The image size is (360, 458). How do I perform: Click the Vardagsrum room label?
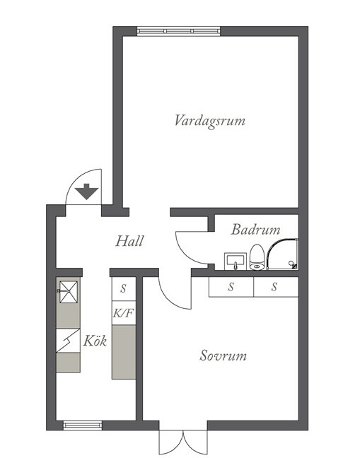(x=210, y=122)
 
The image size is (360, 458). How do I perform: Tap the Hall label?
(x=129, y=241)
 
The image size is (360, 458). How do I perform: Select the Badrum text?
(x=256, y=230)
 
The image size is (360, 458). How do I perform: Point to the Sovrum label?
(x=223, y=356)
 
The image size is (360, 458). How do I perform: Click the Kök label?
(x=95, y=341)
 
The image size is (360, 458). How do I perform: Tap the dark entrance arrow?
(x=86, y=192)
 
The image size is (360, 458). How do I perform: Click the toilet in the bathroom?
(x=257, y=257)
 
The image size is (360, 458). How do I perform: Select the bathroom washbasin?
(x=236, y=262)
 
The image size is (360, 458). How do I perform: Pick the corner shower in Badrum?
(x=283, y=254)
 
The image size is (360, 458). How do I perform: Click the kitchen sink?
(x=69, y=292)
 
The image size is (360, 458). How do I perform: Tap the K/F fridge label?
(x=124, y=313)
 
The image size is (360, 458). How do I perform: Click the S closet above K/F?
(x=124, y=288)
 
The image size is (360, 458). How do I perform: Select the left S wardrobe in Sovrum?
(x=231, y=287)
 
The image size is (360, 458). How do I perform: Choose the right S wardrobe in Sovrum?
(x=276, y=287)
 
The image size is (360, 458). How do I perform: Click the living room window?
(x=178, y=31)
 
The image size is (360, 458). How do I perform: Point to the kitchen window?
(x=83, y=425)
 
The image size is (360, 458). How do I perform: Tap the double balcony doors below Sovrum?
(x=183, y=442)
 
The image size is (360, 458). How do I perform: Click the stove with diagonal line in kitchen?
(x=68, y=341)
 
